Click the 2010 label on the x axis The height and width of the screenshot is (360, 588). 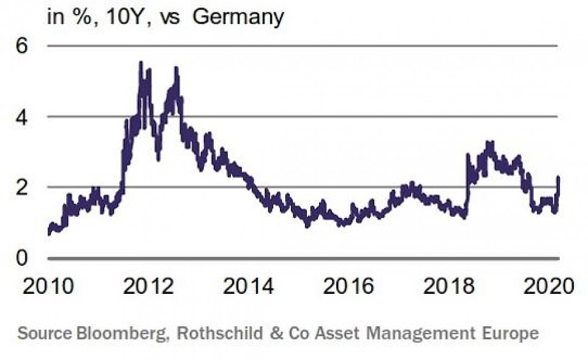[x=47, y=285]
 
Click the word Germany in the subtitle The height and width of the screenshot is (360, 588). [x=238, y=17]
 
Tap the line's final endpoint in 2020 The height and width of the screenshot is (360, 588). [x=559, y=178]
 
